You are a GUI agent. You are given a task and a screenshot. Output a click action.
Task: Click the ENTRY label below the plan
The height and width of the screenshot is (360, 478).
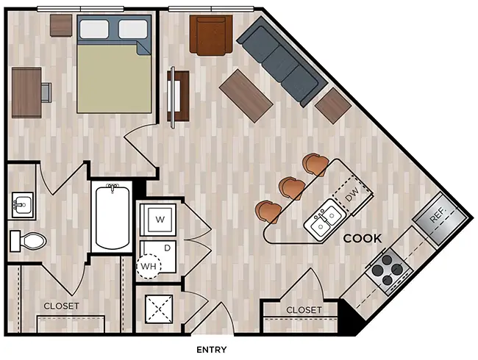pyautogui.click(x=212, y=350)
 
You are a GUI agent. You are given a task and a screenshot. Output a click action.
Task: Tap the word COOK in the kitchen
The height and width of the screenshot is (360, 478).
pyautogui.click(x=363, y=239)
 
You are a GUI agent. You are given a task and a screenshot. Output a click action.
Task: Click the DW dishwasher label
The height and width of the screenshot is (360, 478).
pyautogui.click(x=352, y=195)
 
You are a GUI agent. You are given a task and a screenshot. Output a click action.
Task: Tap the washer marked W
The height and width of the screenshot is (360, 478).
pyautogui.click(x=157, y=219)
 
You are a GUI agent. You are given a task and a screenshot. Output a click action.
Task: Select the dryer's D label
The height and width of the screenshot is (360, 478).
pyautogui.click(x=167, y=248)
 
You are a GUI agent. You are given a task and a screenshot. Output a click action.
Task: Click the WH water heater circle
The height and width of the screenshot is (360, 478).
pyautogui.click(x=149, y=267)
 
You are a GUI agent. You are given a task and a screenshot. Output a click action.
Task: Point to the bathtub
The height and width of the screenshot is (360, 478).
pyautogui.click(x=113, y=217)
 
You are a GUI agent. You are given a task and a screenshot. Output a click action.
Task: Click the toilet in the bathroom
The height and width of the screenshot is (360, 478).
pyautogui.click(x=28, y=241)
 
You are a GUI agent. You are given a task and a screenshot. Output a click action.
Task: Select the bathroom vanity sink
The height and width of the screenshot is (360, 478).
pyautogui.click(x=22, y=205)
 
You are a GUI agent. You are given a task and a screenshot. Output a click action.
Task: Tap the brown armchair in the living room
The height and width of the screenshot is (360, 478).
pyautogui.click(x=211, y=35)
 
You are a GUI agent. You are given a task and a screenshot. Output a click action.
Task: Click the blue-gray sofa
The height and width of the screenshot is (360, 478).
pyautogui.click(x=282, y=62)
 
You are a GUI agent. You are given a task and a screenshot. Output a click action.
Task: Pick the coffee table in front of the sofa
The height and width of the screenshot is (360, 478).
pyautogui.click(x=246, y=96)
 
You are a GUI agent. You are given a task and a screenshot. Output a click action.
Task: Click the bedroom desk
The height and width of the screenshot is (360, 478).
pyautogui.click(x=26, y=93)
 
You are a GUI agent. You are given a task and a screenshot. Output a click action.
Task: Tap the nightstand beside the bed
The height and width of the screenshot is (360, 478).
pyautogui.click(x=61, y=25)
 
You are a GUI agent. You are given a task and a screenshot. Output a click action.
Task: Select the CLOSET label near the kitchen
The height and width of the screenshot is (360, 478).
pyautogui.click(x=304, y=310)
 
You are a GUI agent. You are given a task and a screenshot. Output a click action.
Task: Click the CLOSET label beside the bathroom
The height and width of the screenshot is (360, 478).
pyautogui.click(x=61, y=306)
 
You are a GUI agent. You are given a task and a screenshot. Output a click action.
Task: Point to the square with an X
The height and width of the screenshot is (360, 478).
pyautogui.click(x=159, y=309)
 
